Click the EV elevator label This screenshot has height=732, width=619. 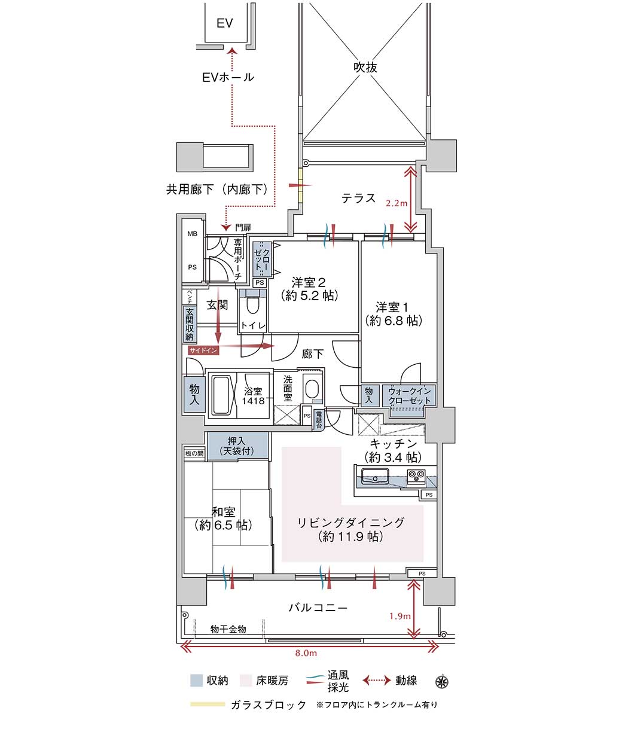224,23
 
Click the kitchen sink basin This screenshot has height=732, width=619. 374,475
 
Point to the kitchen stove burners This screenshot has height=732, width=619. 416,475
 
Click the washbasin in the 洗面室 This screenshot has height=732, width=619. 312,389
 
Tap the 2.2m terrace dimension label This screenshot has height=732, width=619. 397,203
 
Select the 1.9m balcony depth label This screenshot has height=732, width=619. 400,616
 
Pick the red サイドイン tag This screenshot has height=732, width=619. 203,350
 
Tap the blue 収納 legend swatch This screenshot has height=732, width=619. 197,681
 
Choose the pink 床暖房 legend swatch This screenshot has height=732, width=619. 246,681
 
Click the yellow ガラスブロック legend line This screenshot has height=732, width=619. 208,704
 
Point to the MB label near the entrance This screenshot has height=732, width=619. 193,234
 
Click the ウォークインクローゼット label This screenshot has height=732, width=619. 409,396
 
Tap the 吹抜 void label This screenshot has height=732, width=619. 365,67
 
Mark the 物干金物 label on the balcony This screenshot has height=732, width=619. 228,629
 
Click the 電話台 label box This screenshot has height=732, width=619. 319,419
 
